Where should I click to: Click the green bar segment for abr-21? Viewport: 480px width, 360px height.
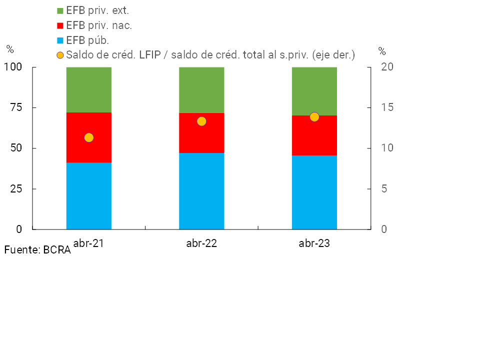(x=89, y=89)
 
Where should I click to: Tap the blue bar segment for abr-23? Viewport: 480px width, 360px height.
(x=314, y=192)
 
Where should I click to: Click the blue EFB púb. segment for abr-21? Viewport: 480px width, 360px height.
(x=89, y=196)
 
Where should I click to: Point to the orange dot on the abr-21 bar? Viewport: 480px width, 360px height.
(x=89, y=137)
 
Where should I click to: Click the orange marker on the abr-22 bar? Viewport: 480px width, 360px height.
(x=201, y=121)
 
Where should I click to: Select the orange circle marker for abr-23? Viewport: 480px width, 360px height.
(x=314, y=117)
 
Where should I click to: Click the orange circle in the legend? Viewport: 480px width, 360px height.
(x=60, y=55)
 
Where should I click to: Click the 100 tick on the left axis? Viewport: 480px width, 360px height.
(x=12, y=67)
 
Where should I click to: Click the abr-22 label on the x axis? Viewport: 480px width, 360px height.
(x=201, y=244)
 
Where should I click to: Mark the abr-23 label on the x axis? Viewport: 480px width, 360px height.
(x=314, y=244)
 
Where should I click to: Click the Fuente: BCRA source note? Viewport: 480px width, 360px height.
(x=37, y=250)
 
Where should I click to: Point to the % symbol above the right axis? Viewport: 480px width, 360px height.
(x=382, y=51)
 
